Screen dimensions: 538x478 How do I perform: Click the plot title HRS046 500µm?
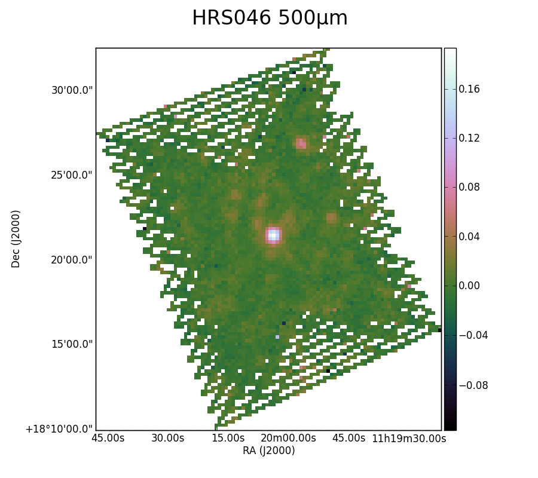point(270,18)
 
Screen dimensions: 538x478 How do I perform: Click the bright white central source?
point(273,235)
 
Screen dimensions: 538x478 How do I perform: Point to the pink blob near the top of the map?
point(301,143)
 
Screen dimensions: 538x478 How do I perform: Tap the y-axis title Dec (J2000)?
point(16,239)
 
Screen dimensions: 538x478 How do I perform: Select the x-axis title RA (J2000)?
point(268,451)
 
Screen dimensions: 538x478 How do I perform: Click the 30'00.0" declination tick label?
point(72,91)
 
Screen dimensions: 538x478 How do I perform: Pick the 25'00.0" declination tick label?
point(72,175)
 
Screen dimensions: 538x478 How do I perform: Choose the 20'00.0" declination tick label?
point(72,260)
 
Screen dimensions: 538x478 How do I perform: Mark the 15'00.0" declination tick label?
point(72,344)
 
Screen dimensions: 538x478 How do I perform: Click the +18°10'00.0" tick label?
point(59,429)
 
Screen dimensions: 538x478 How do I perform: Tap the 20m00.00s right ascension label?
point(288,438)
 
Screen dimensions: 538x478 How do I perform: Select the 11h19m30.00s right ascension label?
point(409,438)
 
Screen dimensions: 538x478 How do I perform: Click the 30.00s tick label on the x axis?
point(168,438)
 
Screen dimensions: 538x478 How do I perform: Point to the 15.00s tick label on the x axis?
point(228,438)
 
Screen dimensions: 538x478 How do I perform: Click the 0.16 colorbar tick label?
point(469,89)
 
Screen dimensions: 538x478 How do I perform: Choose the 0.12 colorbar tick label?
point(469,138)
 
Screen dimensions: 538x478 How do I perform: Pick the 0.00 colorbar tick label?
point(469,286)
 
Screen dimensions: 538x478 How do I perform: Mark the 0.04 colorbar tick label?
point(469,237)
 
